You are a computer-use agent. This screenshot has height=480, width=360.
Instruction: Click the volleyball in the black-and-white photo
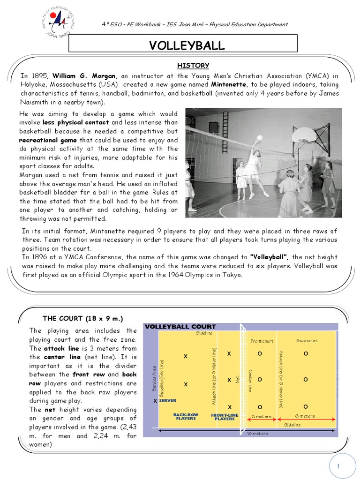pyautogui.click(x=259, y=138)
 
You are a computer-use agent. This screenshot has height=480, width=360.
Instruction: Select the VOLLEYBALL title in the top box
pyautogui.click(x=187, y=45)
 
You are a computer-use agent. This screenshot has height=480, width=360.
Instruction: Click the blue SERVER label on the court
pyautogui.click(x=167, y=401)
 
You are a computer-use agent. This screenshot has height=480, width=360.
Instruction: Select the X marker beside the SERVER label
pyautogui.click(x=156, y=401)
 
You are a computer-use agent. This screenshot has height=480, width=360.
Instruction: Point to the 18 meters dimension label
pyautogui.click(x=257, y=434)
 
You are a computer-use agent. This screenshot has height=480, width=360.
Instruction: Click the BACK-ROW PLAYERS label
pyautogui.click(x=186, y=416)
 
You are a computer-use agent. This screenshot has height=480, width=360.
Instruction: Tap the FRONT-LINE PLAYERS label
pyautogui.click(x=225, y=417)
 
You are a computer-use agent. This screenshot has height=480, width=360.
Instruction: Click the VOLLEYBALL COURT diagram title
pyautogui.click(x=180, y=327)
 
